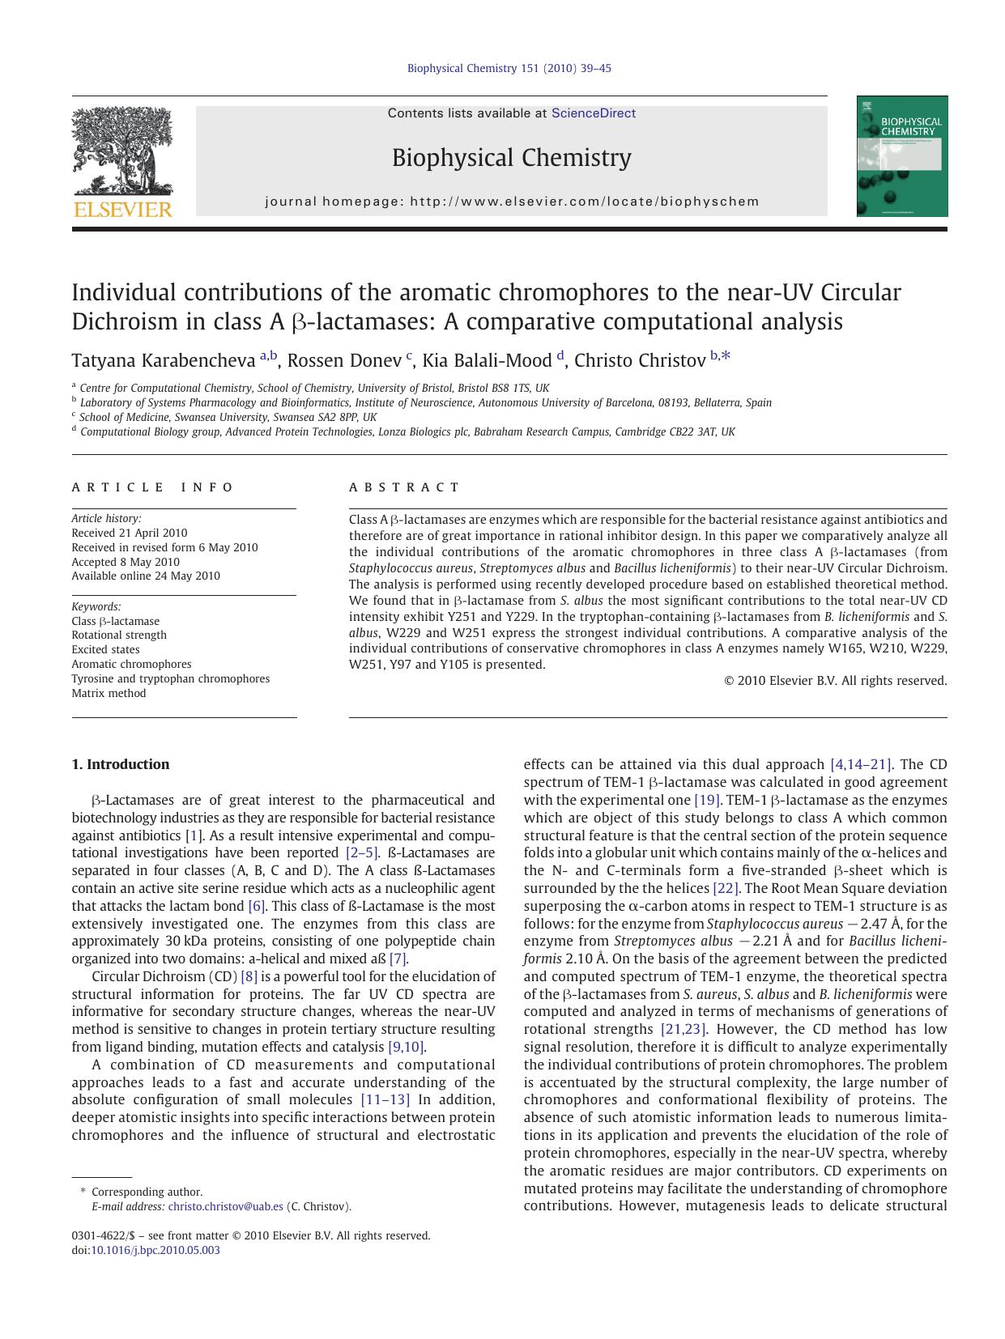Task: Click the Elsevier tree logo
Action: (121, 151)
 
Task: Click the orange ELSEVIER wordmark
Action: (122, 210)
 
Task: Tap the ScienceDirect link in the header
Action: (593, 113)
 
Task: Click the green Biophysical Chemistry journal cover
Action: (902, 156)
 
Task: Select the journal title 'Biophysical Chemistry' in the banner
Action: (511, 157)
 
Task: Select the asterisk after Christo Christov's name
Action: (726, 355)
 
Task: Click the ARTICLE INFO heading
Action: (152, 487)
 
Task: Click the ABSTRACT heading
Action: (404, 487)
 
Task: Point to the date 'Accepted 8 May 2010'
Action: (126, 562)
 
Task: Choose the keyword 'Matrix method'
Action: (109, 693)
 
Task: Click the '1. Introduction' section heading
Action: (121, 764)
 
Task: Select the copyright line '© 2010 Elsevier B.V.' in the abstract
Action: (835, 681)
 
